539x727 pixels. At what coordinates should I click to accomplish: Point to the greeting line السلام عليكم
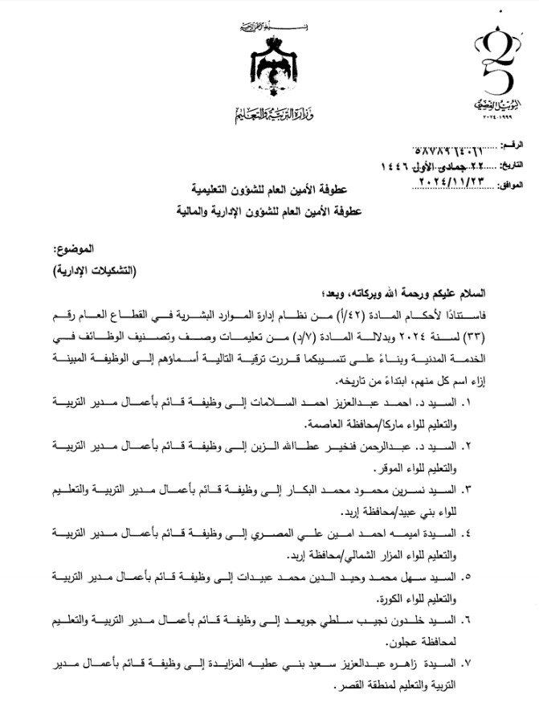(x=454, y=296)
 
